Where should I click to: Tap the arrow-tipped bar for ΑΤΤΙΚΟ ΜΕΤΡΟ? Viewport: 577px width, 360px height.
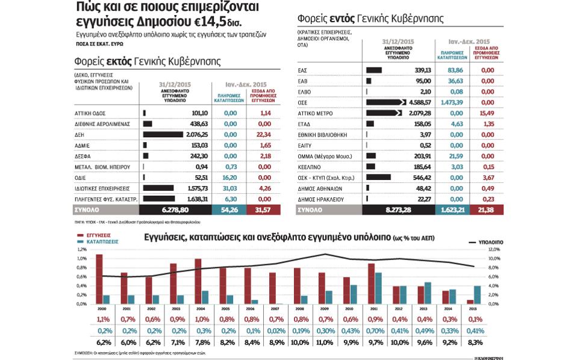(384, 113)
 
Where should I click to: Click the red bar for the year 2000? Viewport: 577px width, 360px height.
(99, 279)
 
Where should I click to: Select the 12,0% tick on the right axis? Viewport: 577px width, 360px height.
(494, 249)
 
